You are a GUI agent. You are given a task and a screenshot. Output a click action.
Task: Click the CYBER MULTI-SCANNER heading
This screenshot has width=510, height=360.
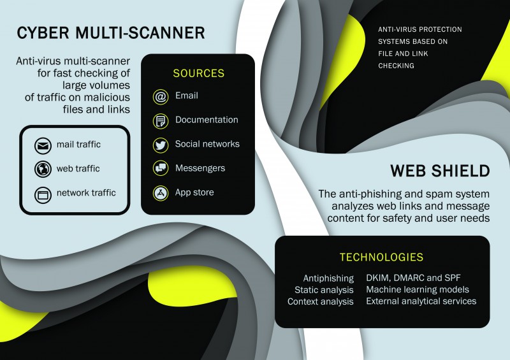click(110, 33)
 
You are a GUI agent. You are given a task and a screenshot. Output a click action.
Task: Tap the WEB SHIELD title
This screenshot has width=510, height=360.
click(440, 171)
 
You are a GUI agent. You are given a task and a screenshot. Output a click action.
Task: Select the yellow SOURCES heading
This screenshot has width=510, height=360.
click(199, 73)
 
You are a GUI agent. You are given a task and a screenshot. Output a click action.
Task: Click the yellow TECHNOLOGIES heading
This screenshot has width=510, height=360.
click(381, 257)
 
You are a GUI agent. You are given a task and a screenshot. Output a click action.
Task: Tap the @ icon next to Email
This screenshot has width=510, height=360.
click(161, 97)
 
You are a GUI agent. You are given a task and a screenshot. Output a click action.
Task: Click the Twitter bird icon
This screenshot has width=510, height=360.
click(161, 145)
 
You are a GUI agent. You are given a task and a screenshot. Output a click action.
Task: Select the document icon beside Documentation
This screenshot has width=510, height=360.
click(161, 121)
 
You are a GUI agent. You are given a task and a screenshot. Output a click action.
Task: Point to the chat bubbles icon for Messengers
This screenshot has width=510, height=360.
click(161, 168)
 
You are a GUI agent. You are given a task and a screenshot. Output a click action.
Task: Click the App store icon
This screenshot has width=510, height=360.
click(161, 193)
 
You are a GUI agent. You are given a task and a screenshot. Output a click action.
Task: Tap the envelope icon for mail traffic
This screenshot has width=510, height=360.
click(43, 146)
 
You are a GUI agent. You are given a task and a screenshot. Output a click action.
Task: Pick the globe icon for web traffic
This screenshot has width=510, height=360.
click(43, 169)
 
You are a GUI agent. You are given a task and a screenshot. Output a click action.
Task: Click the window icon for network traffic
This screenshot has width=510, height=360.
click(43, 195)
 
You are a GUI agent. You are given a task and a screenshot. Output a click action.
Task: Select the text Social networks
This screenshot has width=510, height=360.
click(207, 144)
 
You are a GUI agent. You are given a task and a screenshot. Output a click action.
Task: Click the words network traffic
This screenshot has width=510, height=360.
click(86, 192)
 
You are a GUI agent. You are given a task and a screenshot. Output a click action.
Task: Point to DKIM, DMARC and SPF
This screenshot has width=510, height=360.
click(413, 278)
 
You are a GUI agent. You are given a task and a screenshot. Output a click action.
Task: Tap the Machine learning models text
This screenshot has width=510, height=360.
click(418, 289)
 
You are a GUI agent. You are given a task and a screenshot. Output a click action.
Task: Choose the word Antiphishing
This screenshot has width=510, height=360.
click(328, 278)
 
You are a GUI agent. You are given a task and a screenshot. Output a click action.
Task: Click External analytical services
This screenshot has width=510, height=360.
click(421, 301)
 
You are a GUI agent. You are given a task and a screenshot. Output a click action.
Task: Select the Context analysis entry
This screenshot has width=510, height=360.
click(321, 301)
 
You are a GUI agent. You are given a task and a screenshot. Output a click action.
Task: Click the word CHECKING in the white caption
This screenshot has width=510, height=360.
click(396, 66)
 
